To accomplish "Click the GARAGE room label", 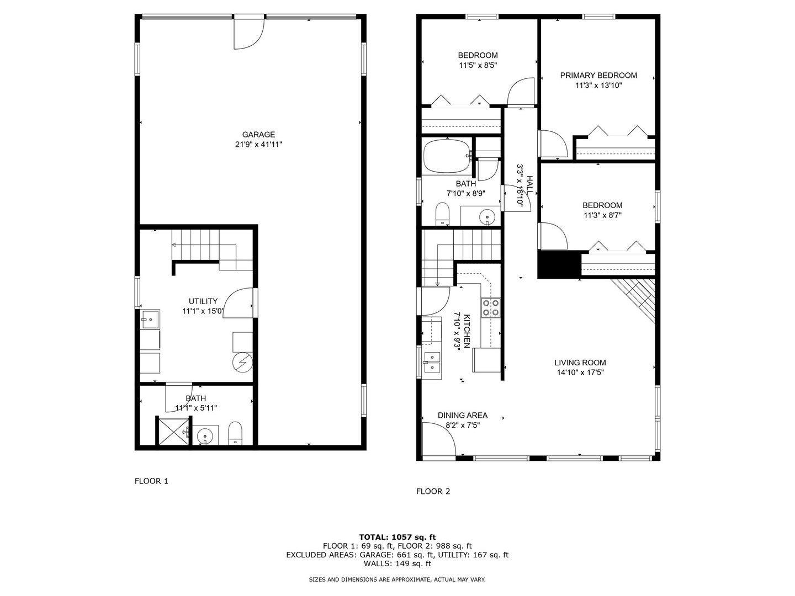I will (258, 135).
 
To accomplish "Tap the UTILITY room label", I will (203, 301).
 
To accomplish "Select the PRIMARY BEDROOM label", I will (598, 76).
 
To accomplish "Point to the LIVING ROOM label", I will (580, 363).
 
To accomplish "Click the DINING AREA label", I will (463, 416).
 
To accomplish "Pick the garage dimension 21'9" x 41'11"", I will (258, 145).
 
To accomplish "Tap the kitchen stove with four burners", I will (491, 307).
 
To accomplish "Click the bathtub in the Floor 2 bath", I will (446, 156).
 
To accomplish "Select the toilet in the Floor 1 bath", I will (236, 432).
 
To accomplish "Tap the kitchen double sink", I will (431, 363).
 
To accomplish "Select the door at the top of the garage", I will (248, 33).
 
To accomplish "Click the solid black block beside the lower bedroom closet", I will (559, 265).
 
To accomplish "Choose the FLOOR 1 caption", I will (151, 481).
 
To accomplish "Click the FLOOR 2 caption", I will (433, 491).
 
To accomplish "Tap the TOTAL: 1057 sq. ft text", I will (397, 536).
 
